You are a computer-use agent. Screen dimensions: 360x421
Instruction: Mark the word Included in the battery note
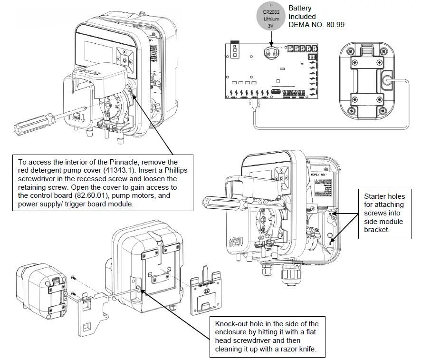302,17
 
